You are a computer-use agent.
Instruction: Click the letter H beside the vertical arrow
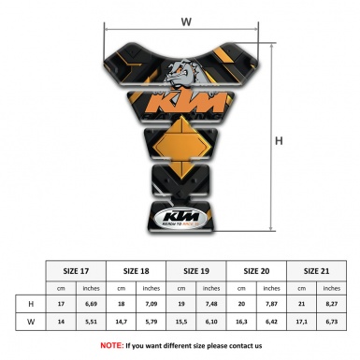pos(278,141)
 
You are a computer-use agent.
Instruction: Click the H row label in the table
pos(31,305)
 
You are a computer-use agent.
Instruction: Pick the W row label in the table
pos(31,322)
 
